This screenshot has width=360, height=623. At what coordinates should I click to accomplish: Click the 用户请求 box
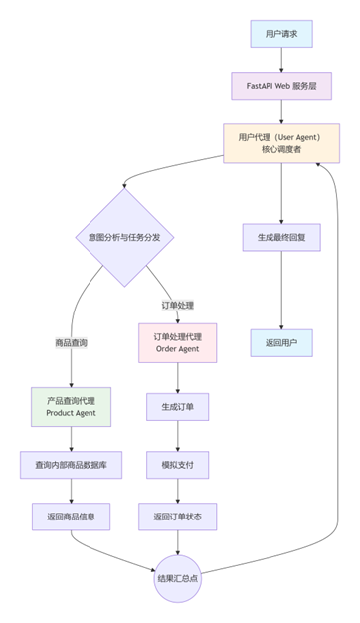(281, 34)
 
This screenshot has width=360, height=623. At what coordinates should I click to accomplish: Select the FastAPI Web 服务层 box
(281, 86)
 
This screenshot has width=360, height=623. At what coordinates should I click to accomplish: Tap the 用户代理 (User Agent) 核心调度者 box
(281, 142)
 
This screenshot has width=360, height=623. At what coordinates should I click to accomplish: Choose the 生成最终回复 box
(281, 237)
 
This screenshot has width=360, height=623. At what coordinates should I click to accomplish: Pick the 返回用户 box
(281, 343)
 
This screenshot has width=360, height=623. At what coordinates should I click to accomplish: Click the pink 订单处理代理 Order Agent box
(177, 343)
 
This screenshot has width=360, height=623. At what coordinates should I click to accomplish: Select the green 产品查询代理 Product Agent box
(71, 405)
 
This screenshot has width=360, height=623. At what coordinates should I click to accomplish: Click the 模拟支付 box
(177, 465)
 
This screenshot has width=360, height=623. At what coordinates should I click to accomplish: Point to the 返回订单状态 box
(177, 517)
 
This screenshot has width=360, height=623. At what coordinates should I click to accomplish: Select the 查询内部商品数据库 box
(71, 465)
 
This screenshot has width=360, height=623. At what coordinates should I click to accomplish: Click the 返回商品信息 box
(71, 517)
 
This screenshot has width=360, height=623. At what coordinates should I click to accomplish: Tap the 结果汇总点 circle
(177, 577)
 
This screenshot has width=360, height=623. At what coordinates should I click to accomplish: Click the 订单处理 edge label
(177, 304)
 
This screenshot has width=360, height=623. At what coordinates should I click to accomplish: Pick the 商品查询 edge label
(71, 343)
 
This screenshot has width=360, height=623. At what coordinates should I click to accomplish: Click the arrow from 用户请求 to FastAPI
(281, 60)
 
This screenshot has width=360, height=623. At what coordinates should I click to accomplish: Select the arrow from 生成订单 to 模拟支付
(177, 435)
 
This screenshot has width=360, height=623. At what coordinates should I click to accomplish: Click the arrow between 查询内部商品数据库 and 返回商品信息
(71, 491)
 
